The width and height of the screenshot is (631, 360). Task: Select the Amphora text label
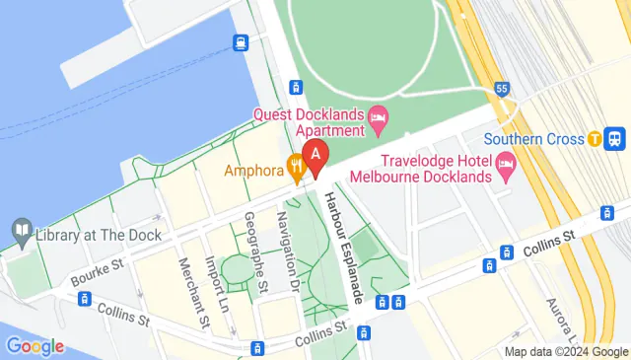point(254,169)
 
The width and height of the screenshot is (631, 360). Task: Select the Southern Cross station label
point(534,139)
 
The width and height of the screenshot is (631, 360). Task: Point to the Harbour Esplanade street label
point(341,247)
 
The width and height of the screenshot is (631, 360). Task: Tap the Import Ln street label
point(219,279)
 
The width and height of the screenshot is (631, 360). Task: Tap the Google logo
point(34,345)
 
